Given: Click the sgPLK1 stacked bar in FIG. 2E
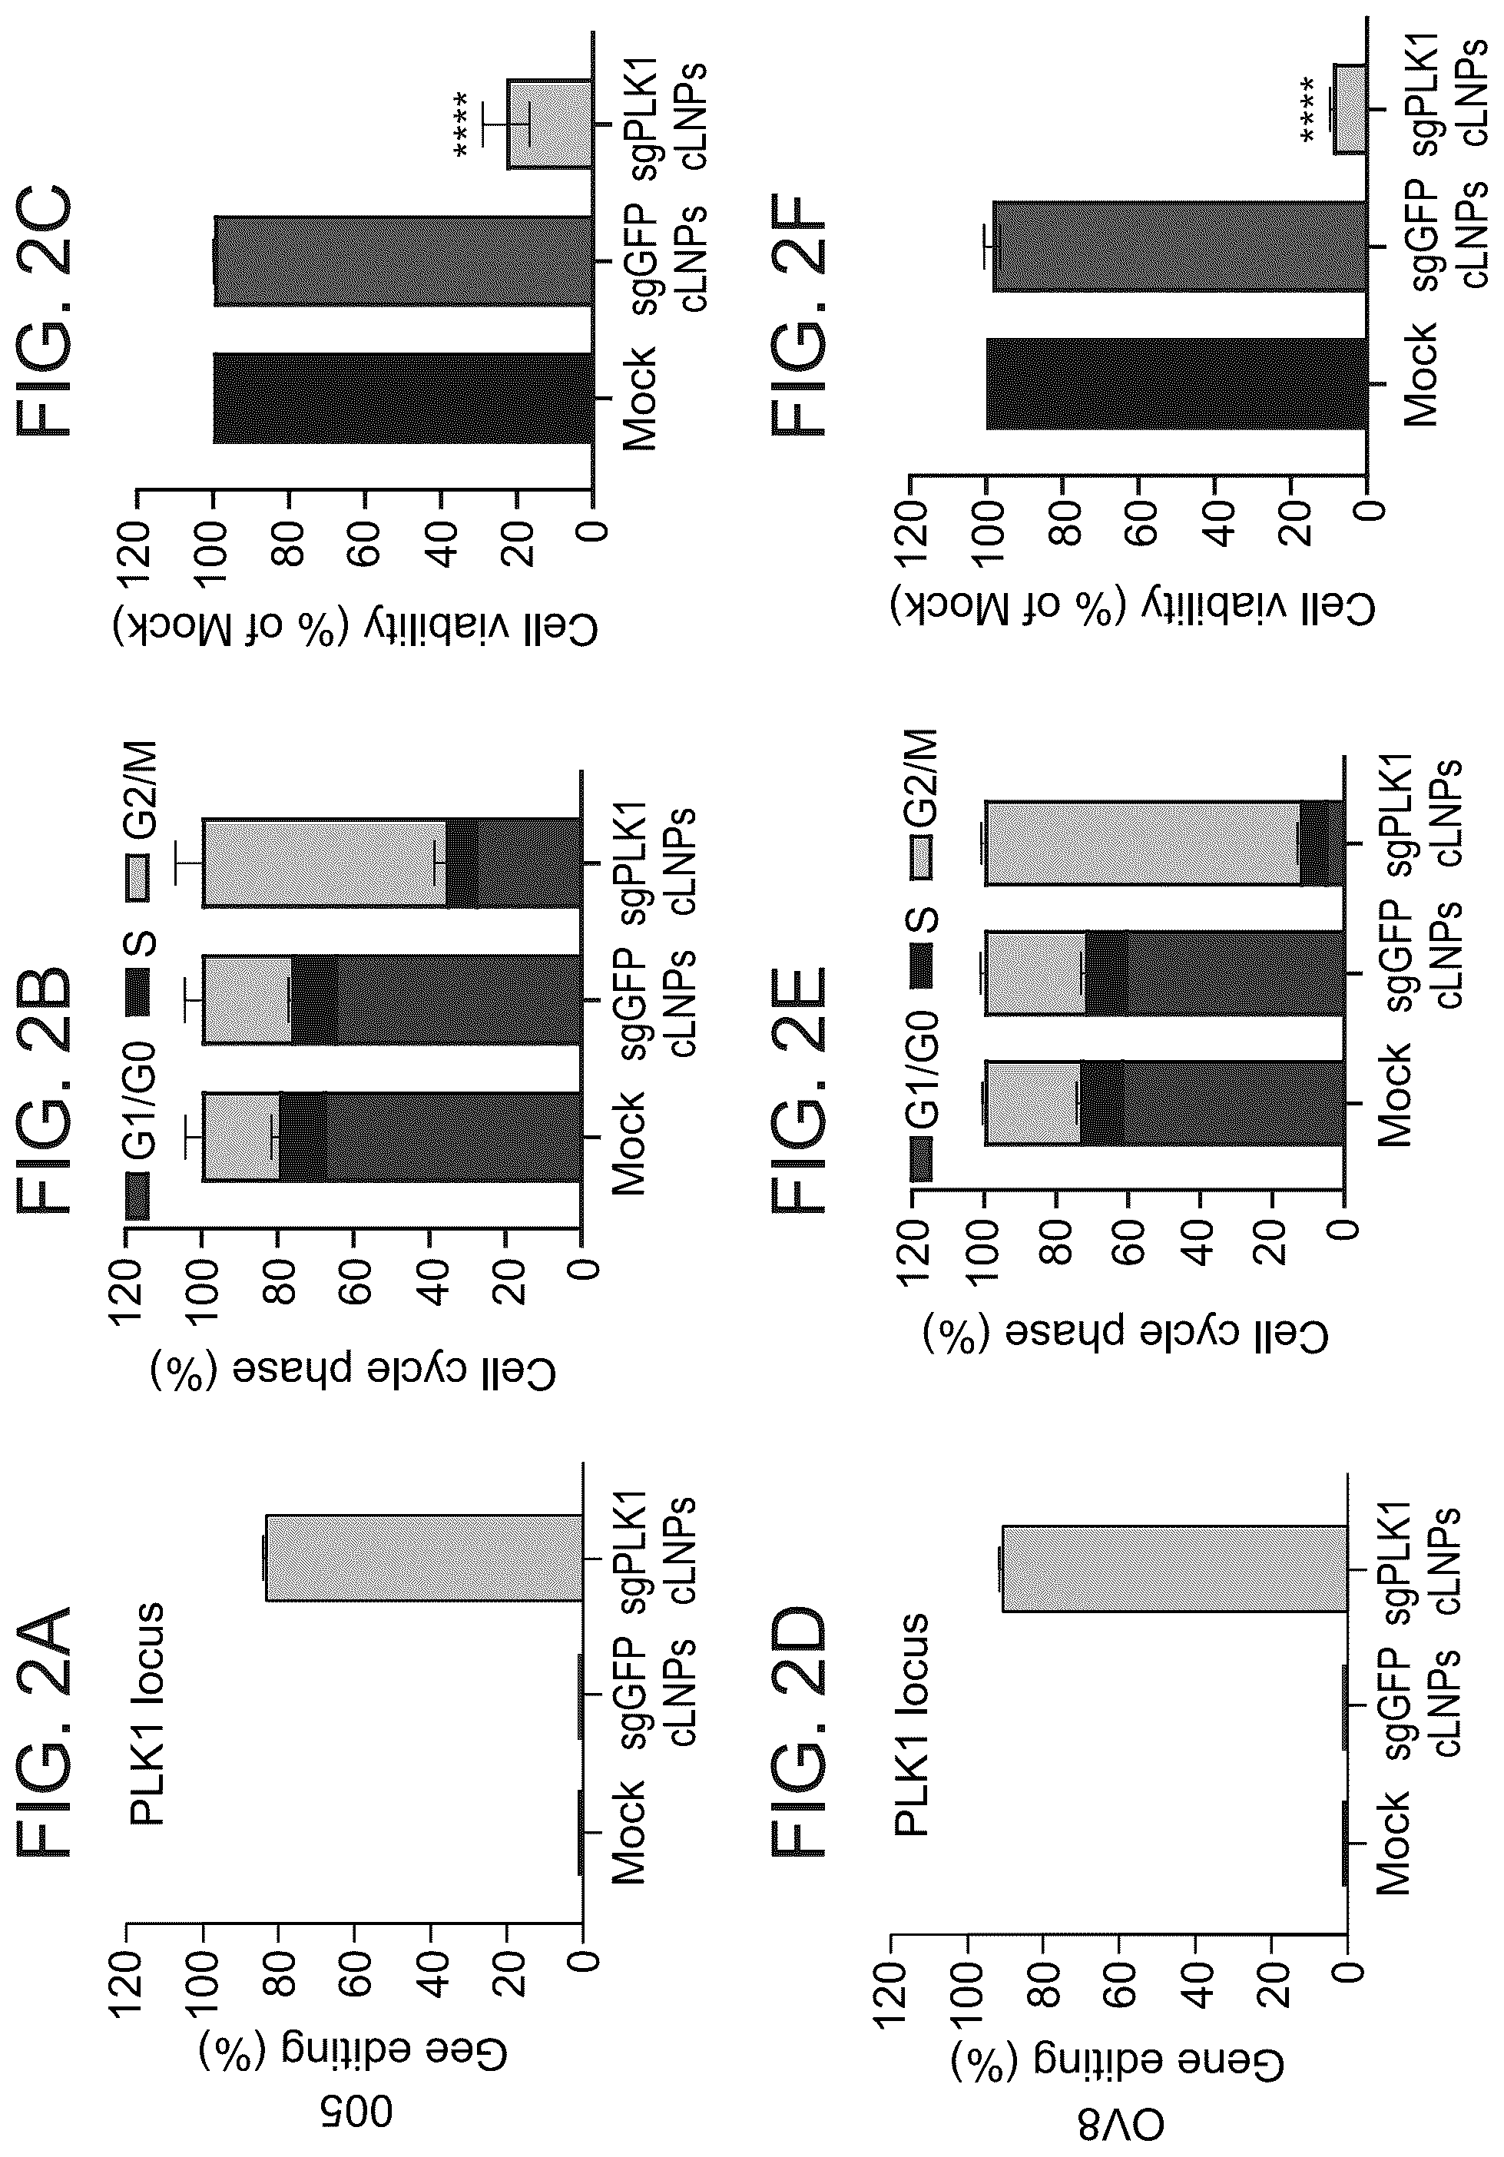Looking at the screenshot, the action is click(x=1165, y=843).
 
